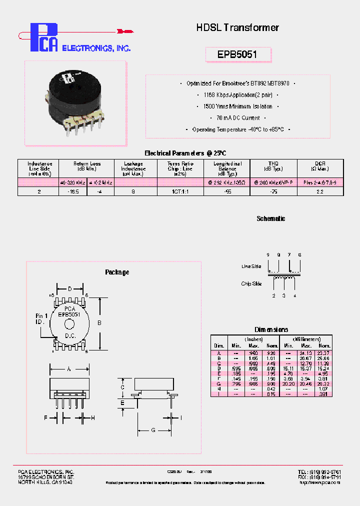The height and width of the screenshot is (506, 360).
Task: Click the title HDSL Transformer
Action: [x=237, y=28]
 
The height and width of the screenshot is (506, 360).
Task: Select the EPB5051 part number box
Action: [x=238, y=54]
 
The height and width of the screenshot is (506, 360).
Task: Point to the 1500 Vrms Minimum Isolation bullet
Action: [x=237, y=106]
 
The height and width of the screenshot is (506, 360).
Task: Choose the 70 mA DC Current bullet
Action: [x=237, y=118]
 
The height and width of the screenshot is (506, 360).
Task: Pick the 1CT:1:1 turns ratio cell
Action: [x=180, y=191]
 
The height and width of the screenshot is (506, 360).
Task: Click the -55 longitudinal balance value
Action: [x=227, y=191]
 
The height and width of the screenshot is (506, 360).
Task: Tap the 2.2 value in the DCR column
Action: [x=320, y=191]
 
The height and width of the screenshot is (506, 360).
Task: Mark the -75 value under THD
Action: [x=273, y=191]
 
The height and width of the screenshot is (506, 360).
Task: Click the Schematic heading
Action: [x=270, y=219]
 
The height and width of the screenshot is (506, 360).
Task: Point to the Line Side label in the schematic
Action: [x=251, y=266]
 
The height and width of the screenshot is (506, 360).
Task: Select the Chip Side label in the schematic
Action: [x=251, y=283]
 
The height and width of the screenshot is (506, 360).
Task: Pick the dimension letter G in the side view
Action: [x=153, y=429]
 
